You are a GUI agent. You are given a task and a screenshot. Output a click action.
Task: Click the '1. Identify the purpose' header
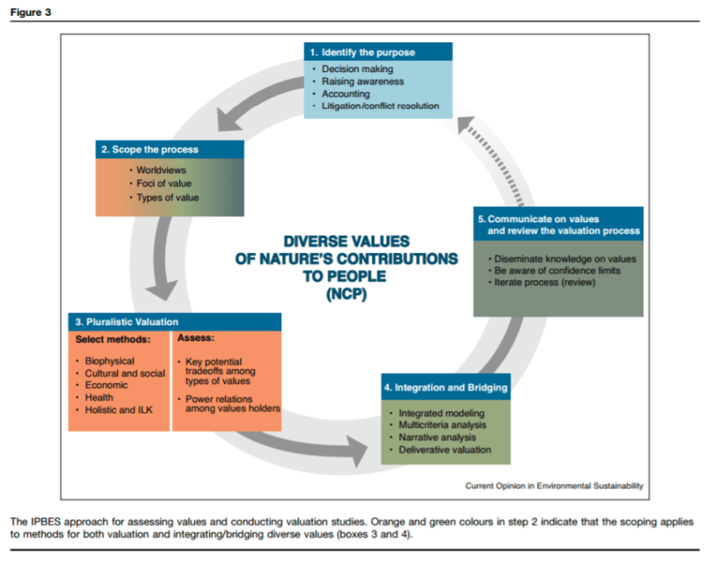(361, 52)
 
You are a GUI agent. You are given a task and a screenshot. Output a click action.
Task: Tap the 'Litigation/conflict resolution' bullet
(380, 106)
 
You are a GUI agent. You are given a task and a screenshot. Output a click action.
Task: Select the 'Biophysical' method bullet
(110, 361)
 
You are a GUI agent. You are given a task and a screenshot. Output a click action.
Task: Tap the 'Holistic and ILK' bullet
(118, 409)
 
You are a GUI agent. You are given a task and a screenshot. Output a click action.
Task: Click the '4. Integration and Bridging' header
(446, 386)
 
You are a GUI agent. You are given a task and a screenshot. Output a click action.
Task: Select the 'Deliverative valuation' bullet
(445, 450)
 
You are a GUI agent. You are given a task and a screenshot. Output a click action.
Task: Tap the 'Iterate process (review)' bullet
(545, 282)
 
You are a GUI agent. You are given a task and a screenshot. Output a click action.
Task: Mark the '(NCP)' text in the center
(346, 294)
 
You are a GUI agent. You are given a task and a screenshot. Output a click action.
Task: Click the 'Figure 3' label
(31, 11)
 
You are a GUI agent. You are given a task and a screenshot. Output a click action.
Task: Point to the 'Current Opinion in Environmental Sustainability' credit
(554, 485)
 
